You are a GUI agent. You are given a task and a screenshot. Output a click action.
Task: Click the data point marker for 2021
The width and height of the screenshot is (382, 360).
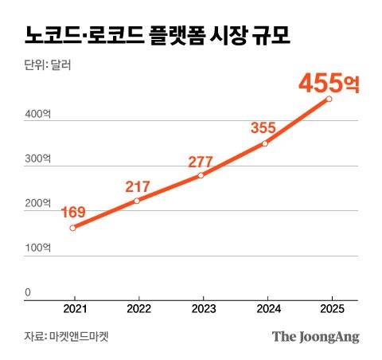click(72, 228)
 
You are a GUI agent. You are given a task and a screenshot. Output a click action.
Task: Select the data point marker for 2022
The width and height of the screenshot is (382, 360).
click(137, 201)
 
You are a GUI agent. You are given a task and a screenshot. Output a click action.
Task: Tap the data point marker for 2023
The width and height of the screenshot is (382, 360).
click(201, 175)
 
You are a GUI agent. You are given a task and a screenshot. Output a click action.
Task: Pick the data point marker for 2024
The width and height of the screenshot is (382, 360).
click(264, 143)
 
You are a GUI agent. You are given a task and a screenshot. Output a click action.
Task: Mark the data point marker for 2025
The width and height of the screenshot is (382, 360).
click(329, 99)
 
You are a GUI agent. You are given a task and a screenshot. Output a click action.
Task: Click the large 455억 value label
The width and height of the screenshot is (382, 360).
click(329, 82)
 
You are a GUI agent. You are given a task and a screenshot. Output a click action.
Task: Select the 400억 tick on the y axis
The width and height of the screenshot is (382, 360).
click(37, 116)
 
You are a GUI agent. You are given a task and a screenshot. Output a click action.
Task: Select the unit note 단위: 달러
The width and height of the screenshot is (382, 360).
click(48, 66)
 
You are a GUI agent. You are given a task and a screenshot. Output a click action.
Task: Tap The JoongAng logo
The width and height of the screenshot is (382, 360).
click(316, 336)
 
